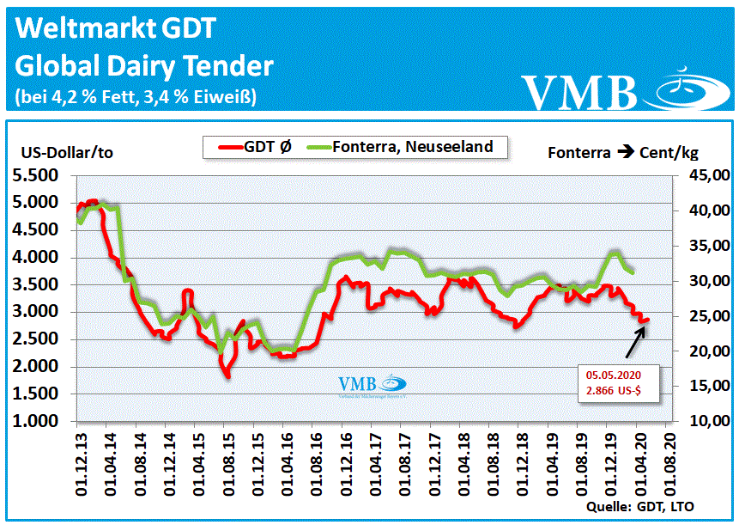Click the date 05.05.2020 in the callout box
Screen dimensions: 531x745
(x=613, y=375)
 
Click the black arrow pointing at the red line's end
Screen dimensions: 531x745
(x=635, y=340)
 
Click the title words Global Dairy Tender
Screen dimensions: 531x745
(x=144, y=66)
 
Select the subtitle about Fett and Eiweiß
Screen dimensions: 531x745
(x=136, y=95)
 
